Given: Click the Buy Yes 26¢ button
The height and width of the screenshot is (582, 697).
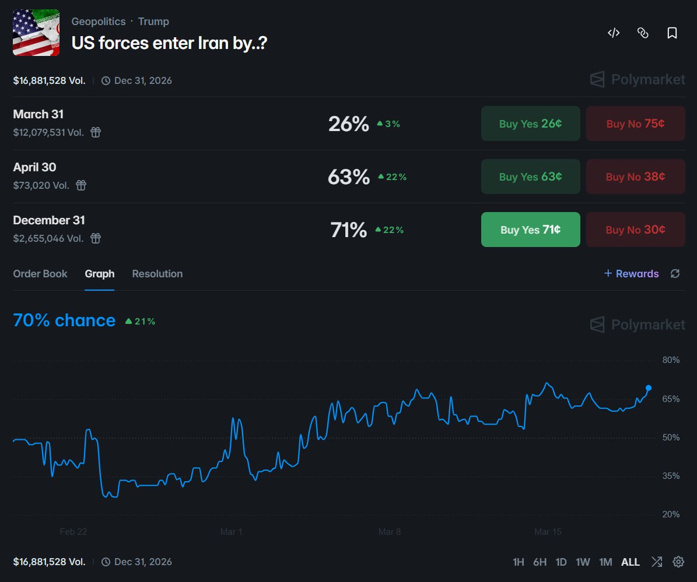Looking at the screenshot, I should tap(530, 124).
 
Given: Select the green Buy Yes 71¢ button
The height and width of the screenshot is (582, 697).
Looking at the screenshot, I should tap(530, 230).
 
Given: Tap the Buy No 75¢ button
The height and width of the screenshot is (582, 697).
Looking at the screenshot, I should tap(635, 124).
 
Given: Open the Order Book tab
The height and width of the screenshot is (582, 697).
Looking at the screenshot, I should tap(40, 274).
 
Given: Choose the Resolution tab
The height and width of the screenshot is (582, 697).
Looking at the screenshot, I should tap(157, 274).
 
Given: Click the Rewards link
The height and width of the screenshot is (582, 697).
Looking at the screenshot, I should tap(631, 274).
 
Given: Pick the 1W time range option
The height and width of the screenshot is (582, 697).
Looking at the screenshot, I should tap(583, 562).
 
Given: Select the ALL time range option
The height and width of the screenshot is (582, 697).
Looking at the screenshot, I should tap(631, 562).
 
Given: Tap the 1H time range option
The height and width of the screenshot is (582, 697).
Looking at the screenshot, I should tap(518, 562).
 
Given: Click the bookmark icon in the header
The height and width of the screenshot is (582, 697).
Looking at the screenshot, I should tap(672, 33).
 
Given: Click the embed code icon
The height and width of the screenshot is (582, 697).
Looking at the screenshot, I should tap(614, 33).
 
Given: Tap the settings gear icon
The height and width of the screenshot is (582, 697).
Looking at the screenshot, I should tap(678, 562).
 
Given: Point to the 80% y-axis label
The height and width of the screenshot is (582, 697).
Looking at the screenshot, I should tap(671, 360).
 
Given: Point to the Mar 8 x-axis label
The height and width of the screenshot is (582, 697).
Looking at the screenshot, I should tap(390, 532).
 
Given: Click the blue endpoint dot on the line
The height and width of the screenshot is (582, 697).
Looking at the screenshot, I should tap(649, 388).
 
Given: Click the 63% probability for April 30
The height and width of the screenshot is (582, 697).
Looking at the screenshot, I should tap(349, 177).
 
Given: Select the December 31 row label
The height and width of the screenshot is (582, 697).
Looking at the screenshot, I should tap(49, 220).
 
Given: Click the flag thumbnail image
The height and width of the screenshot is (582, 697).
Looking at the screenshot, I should tap(36, 33).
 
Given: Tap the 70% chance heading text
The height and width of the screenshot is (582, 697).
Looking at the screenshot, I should tap(64, 320).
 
